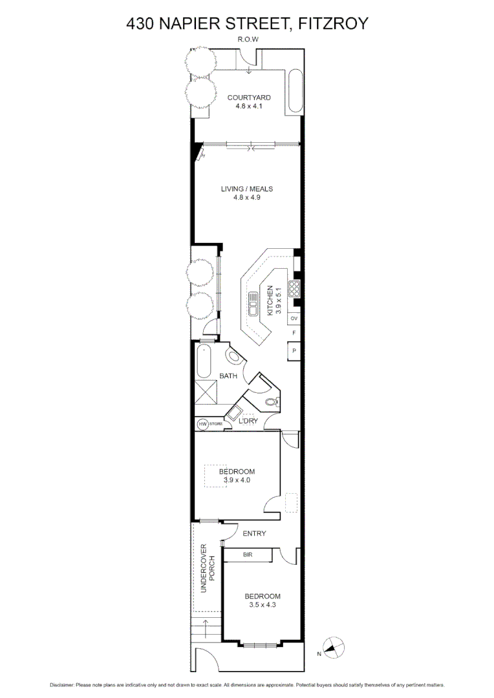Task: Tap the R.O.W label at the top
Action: [x=248, y=40]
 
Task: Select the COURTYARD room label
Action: [x=249, y=98]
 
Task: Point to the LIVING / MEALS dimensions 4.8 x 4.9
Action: [x=246, y=198]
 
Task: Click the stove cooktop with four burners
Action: [x=294, y=288]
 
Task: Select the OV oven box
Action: [x=294, y=319]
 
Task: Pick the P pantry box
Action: [x=294, y=351]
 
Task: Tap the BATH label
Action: [x=228, y=375]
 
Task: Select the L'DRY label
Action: [x=248, y=421]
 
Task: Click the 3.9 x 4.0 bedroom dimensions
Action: [x=236, y=480]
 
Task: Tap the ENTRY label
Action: [x=254, y=533]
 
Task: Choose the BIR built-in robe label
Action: [x=248, y=555]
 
